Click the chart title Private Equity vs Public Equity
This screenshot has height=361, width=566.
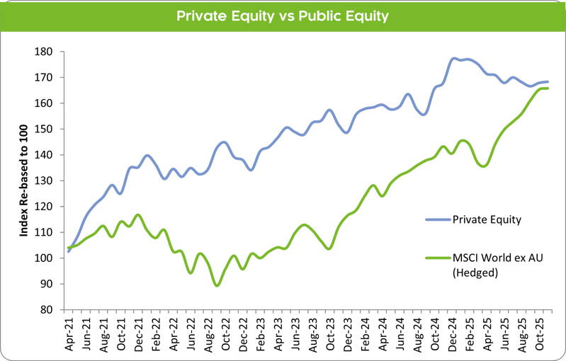(283, 16)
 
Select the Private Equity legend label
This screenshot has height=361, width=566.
(487, 219)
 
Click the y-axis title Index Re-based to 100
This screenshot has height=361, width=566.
(23, 180)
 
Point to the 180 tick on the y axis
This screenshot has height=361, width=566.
(46, 52)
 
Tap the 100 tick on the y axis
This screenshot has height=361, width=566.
(46, 258)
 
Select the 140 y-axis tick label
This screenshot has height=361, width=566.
(46, 155)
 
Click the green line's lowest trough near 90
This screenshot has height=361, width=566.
(216, 285)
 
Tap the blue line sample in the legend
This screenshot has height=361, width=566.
(436, 219)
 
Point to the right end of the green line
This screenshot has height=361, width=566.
(548, 88)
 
